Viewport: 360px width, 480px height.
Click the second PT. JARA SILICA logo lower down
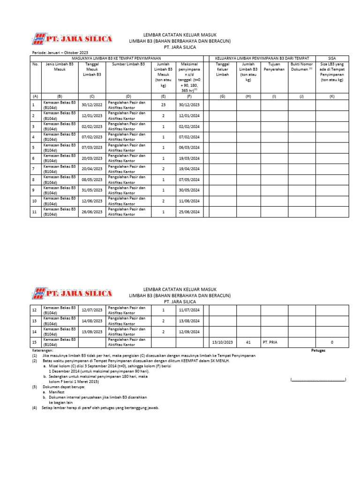pyautogui.click(x=72, y=293)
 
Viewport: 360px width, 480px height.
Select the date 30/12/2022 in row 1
pyautogui.click(x=92, y=105)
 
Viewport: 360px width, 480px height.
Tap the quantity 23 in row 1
pyautogui.click(x=164, y=105)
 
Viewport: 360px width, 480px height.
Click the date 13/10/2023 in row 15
pyautogui.click(x=222, y=342)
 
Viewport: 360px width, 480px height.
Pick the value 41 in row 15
pyautogui.click(x=248, y=342)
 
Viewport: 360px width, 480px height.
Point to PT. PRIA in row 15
pyautogui.click(x=271, y=342)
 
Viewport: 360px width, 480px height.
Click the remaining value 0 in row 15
pyautogui.click(x=332, y=342)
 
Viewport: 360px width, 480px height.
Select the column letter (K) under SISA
pyautogui.click(x=332, y=96)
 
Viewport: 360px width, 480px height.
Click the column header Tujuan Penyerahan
pyautogui.click(x=274, y=66)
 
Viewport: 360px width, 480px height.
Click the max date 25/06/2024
pyautogui.click(x=189, y=212)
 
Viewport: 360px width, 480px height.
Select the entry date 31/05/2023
pyautogui.click(x=92, y=190)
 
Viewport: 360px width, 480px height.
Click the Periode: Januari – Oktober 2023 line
pyautogui.click(x=60, y=52)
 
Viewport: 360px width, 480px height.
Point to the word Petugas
pyautogui.click(x=319, y=350)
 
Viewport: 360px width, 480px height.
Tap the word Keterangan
pyautogui.click(x=43, y=350)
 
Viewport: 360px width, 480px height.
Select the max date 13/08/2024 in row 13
pyautogui.click(x=189, y=321)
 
